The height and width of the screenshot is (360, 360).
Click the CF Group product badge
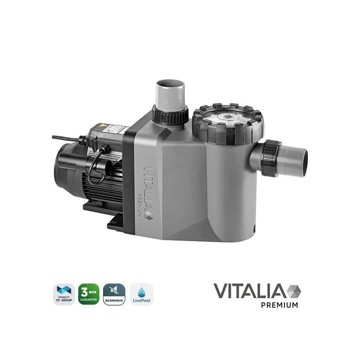point(63,294)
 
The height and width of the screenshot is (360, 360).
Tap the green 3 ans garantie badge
point(89,294)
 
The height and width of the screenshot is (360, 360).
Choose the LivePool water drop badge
point(140,294)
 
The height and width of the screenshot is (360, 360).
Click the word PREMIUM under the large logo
point(279,305)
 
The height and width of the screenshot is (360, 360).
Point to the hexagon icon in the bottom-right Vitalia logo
point(293,291)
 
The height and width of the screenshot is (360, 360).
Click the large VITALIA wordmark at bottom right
point(250,291)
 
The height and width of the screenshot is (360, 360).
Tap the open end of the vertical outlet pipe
point(170,84)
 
